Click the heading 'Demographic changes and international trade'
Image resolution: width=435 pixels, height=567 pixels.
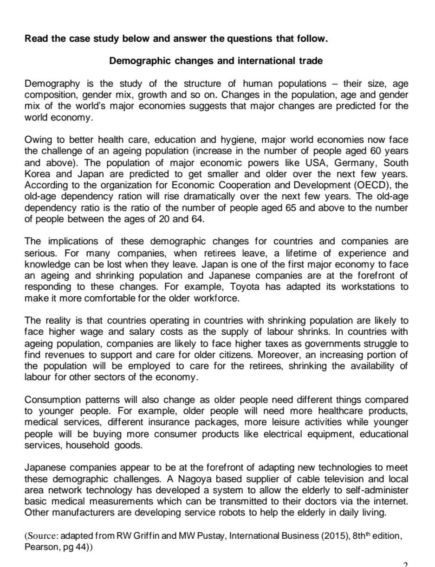click(215, 61)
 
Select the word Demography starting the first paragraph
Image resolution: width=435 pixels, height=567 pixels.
click(52, 83)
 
